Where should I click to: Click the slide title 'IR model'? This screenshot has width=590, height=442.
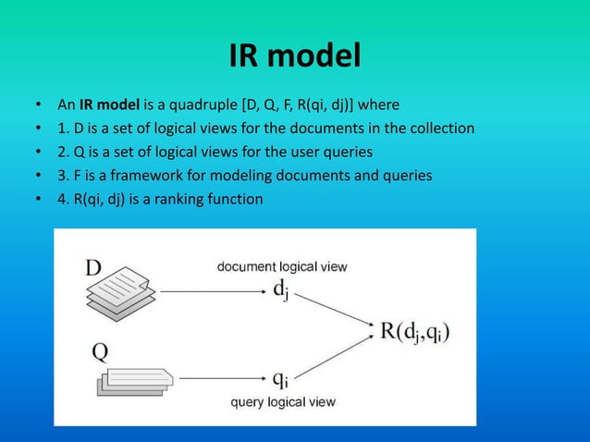click(x=295, y=57)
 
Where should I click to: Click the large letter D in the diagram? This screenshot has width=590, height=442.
click(x=94, y=267)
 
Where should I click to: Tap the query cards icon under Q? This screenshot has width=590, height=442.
click(x=134, y=378)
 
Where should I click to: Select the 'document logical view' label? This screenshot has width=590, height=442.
click(x=282, y=267)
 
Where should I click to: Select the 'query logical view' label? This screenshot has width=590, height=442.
click(x=282, y=402)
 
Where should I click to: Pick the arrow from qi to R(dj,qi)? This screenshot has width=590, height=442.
click(x=338, y=357)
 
